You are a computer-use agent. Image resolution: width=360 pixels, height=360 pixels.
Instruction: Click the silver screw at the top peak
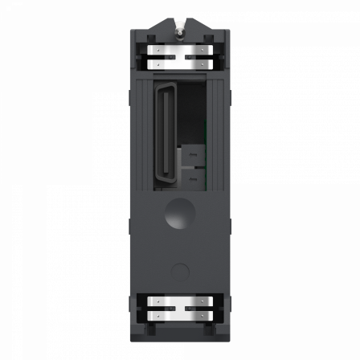[x=179, y=27]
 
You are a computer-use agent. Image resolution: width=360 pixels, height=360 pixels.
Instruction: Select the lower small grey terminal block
[x=192, y=174]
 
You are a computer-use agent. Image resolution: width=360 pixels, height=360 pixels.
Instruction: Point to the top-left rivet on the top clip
[x=159, y=50]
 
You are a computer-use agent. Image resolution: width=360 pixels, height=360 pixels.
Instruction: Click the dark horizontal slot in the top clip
[x=179, y=57]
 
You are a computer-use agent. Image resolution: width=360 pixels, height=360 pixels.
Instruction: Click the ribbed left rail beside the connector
[x=141, y=137]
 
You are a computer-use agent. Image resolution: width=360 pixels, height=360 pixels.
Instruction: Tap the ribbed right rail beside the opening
[x=218, y=137]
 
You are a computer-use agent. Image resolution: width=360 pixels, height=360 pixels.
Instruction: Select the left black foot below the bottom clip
[x=149, y=329]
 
